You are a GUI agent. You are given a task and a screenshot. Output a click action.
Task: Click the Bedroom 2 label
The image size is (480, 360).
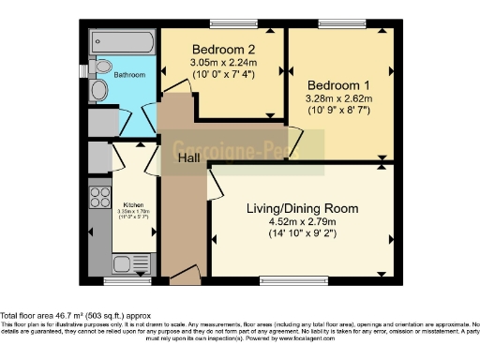tap(224, 49)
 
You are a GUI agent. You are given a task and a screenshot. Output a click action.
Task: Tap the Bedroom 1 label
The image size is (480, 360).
tap(337, 83)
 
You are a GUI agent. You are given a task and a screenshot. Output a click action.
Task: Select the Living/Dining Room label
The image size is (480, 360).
tap(300, 208)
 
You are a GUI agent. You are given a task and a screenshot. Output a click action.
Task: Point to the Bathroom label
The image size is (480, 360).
tap(129, 73)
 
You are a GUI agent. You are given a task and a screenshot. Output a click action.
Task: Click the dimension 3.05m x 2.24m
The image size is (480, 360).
tap(224, 63)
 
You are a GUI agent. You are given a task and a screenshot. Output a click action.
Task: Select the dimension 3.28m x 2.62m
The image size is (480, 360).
tap(337, 97)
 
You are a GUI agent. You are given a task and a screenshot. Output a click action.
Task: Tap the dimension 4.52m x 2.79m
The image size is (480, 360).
tap(300, 222)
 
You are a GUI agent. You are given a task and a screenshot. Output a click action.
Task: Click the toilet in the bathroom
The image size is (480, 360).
tap(100, 90)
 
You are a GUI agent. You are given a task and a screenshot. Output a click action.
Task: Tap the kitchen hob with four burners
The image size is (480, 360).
tap(98, 197)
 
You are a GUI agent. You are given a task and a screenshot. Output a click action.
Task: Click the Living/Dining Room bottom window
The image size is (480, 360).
tap(288, 279)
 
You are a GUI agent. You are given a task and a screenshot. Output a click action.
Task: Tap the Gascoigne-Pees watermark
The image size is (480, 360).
tap(248, 147)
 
